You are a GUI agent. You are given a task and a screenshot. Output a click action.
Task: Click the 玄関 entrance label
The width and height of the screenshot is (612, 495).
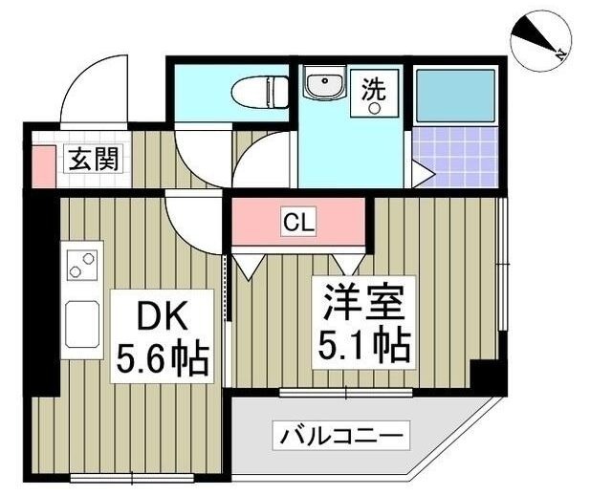[x=92, y=160]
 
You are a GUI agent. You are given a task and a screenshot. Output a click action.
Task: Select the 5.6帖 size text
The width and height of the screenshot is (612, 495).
[x=164, y=359]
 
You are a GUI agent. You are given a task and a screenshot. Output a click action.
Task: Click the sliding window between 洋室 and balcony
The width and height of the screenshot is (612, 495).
[x=345, y=392]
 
